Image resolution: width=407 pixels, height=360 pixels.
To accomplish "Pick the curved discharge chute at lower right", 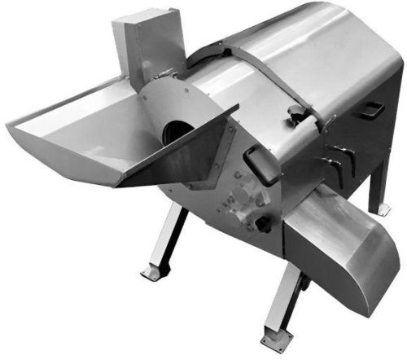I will click(x=341, y=244).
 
